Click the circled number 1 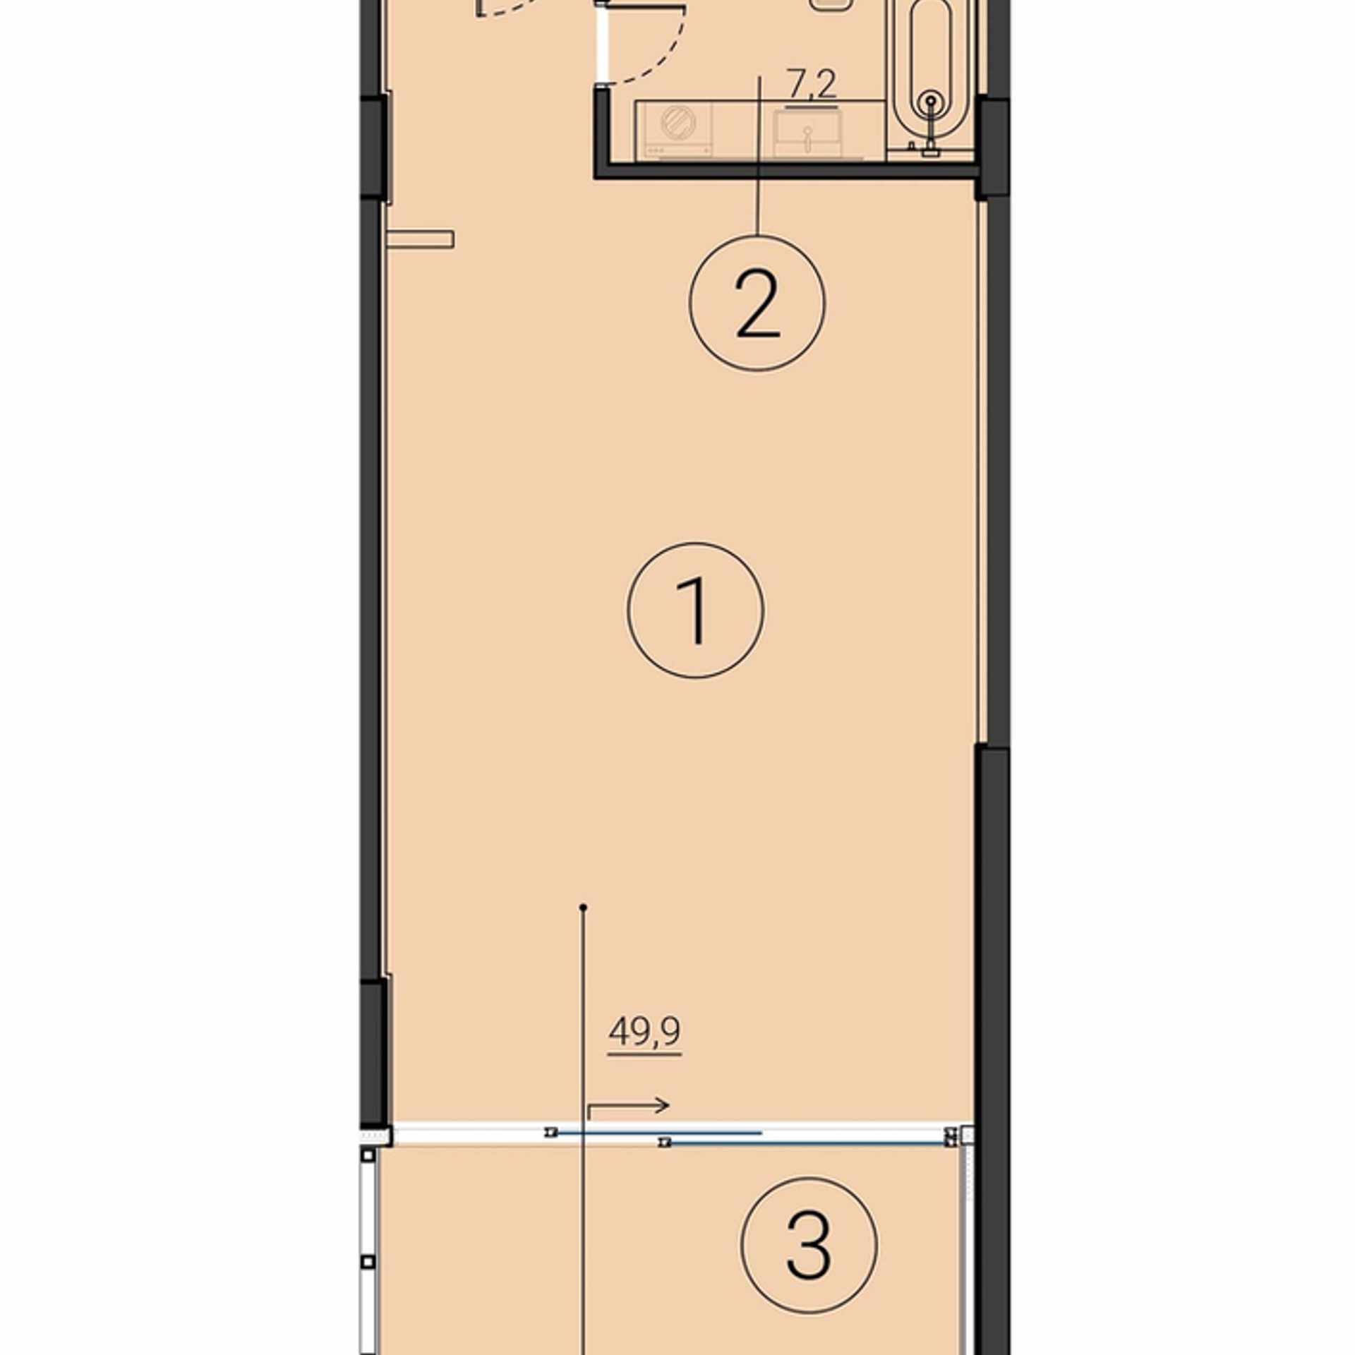click(695, 610)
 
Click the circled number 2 click(757, 303)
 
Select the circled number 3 click(809, 1245)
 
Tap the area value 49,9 click(644, 1032)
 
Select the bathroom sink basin click(807, 134)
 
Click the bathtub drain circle click(932, 102)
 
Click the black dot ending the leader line click(583, 908)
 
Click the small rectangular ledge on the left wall click(420, 239)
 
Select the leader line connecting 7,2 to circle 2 click(759, 155)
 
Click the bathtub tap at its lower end click(932, 150)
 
